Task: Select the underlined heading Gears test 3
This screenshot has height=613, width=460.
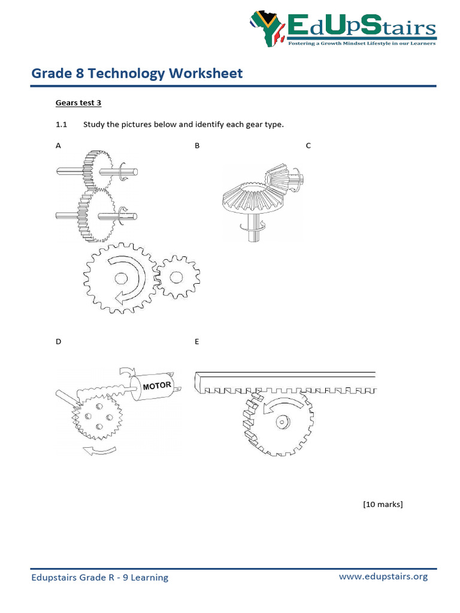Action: click(x=78, y=103)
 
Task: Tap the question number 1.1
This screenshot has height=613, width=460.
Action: click(x=62, y=125)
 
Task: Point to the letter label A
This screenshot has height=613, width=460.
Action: click(x=58, y=145)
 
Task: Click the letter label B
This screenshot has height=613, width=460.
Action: click(x=197, y=145)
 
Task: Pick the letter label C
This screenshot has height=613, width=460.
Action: click(x=308, y=145)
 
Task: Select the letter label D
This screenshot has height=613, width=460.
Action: click(x=58, y=342)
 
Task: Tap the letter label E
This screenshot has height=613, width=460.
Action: click(x=196, y=342)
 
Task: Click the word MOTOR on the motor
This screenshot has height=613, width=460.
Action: click(x=157, y=385)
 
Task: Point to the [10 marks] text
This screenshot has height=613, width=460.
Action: click(x=383, y=504)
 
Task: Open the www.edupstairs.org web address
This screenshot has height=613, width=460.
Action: click(x=383, y=576)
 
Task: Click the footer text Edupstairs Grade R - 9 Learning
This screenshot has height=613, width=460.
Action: click(x=100, y=578)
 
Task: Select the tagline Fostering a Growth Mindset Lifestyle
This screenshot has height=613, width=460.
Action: click(x=361, y=43)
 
